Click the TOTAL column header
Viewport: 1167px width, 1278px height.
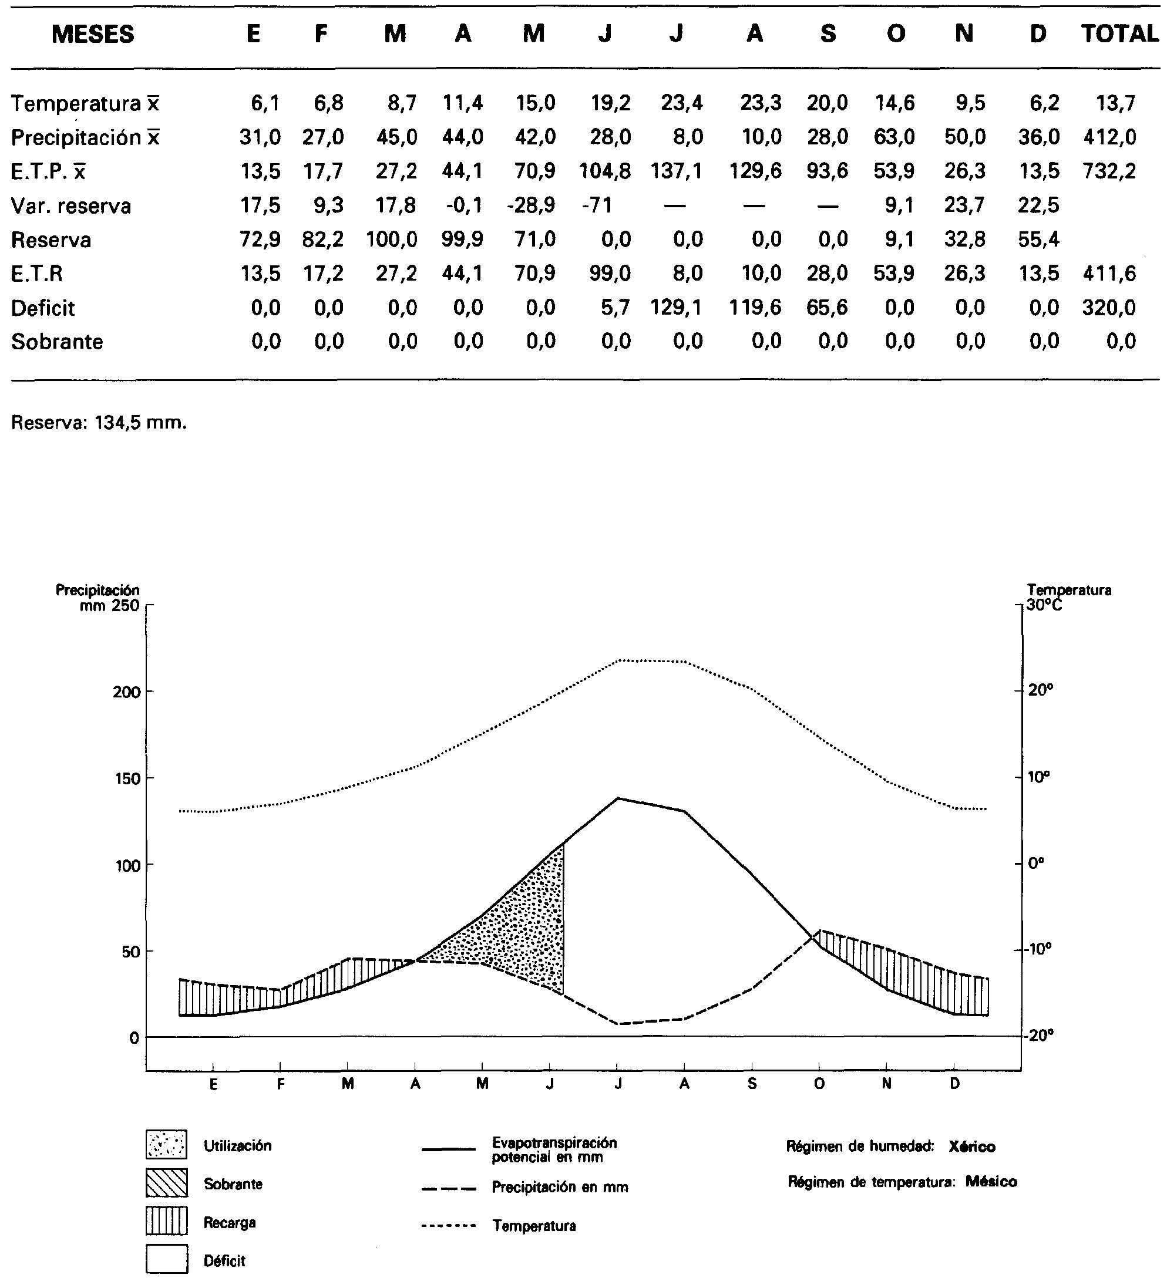click(x=1119, y=33)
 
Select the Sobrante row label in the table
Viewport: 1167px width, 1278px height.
click(x=57, y=342)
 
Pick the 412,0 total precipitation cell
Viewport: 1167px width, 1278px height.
click(x=1109, y=137)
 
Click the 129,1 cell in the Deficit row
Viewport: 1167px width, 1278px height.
click(x=677, y=308)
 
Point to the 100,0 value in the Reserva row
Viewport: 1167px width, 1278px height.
click(x=391, y=240)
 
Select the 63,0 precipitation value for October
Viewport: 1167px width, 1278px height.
click(x=895, y=137)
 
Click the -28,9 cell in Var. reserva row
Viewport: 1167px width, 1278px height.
click(x=531, y=205)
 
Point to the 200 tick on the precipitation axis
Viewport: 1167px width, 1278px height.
click(x=126, y=692)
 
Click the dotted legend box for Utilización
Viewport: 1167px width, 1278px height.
click(x=166, y=1144)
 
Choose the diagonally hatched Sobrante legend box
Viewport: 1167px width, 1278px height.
click(x=166, y=1183)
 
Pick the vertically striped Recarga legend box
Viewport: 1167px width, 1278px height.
click(x=166, y=1221)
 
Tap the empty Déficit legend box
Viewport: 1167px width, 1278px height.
click(x=166, y=1259)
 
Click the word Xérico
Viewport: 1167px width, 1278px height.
click(x=971, y=1147)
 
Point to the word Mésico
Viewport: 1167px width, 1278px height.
click(x=991, y=1182)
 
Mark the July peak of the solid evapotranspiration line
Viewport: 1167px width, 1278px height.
click(x=618, y=798)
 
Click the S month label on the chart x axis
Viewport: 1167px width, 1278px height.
click(x=752, y=1084)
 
